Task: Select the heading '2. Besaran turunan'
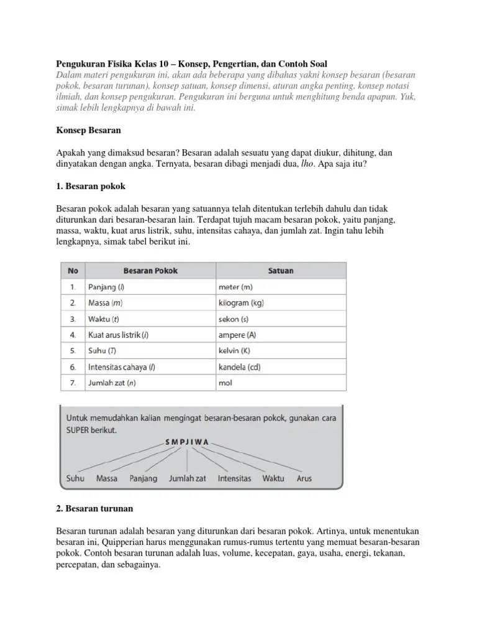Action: pyautogui.click(x=94, y=509)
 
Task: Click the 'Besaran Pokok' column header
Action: pyautogui.click(x=150, y=271)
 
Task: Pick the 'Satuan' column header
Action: pyautogui.click(x=281, y=271)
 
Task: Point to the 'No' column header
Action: pyautogui.click(x=73, y=271)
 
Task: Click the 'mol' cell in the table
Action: pyautogui.click(x=225, y=383)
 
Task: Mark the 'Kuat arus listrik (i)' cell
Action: pyautogui.click(x=119, y=335)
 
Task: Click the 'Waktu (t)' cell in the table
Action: pyautogui.click(x=103, y=319)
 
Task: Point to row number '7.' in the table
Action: pyautogui.click(x=73, y=383)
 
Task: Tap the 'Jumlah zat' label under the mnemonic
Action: pyautogui.click(x=188, y=479)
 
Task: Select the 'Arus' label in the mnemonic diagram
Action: pyautogui.click(x=304, y=479)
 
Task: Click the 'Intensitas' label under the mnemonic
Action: pyautogui.click(x=235, y=479)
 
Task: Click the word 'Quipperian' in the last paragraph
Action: pyautogui.click(x=107, y=542)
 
